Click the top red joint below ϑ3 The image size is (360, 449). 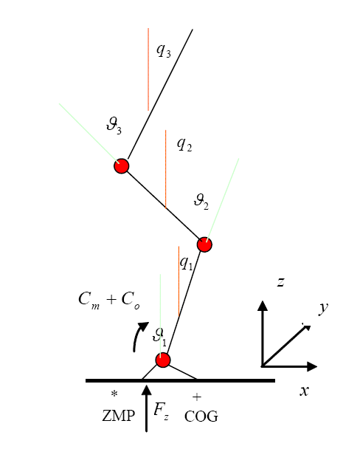pyautogui.click(x=122, y=166)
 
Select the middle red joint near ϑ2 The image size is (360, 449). pyautogui.click(x=204, y=244)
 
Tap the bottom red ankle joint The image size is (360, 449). pyautogui.click(x=163, y=360)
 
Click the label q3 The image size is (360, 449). pyautogui.click(x=164, y=51)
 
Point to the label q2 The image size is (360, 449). pyautogui.click(x=184, y=144)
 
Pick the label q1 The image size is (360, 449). pyautogui.click(x=187, y=263)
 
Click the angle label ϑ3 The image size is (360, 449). pyautogui.click(x=114, y=126)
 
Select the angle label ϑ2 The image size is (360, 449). pyautogui.click(x=201, y=202)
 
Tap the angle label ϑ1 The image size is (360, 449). pyautogui.click(x=159, y=337)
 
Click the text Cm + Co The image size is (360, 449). pyautogui.click(x=109, y=301)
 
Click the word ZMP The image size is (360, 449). pyautogui.click(x=118, y=416)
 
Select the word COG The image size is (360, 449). pyautogui.click(x=201, y=417)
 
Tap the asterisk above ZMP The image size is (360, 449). pyautogui.click(x=114, y=394)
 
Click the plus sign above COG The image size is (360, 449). pyautogui.click(x=197, y=397)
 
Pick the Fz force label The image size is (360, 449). pyautogui.click(x=162, y=411)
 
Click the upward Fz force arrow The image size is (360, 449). pyautogui.click(x=146, y=408)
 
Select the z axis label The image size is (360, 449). pyautogui.click(x=281, y=282)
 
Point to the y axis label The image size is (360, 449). pyautogui.click(x=323, y=309)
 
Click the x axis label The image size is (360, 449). pyautogui.click(x=305, y=391)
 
